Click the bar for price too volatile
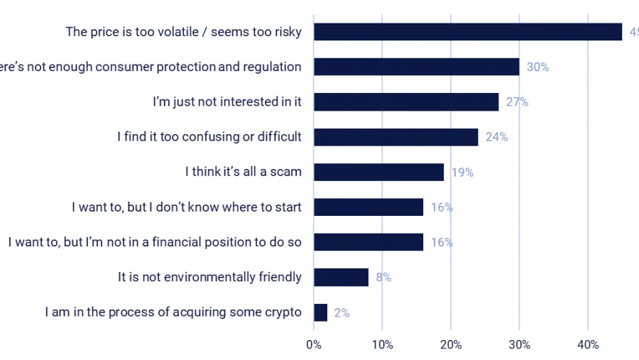(x=467, y=32)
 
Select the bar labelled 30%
(x=416, y=67)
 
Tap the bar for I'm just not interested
(x=406, y=102)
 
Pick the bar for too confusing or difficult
(x=395, y=137)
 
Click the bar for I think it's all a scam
(x=378, y=172)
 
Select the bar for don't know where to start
(x=368, y=207)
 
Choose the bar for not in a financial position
(x=368, y=242)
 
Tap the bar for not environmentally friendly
(x=341, y=277)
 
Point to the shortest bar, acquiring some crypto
(x=320, y=312)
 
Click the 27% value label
(x=517, y=102)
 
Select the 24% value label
(x=496, y=137)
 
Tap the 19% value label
(x=462, y=172)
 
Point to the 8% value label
(x=383, y=278)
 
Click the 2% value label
(x=342, y=312)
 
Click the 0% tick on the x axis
(x=313, y=345)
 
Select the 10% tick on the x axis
(x=382, y=345)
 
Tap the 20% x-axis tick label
(x=450, y=345)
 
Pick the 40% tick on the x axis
(x=588, y=345)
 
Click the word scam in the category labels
(x=287, y=172)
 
